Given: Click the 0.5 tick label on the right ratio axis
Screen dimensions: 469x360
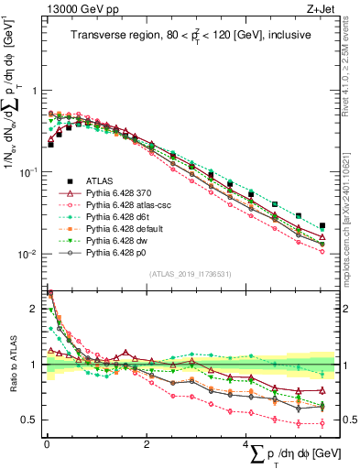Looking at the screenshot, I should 349,420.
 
